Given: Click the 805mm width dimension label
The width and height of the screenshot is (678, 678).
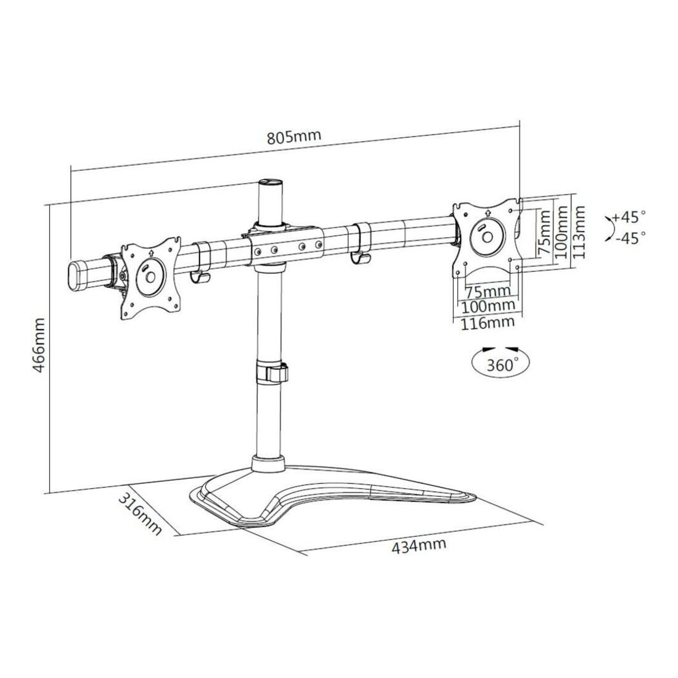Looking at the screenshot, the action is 294,137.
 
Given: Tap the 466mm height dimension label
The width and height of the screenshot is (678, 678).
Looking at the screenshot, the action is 39,346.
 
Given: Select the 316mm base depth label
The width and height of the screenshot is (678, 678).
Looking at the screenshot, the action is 140,515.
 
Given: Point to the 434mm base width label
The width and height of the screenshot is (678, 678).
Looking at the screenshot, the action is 419,545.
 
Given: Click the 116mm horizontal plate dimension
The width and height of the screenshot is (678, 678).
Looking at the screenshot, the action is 488,322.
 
